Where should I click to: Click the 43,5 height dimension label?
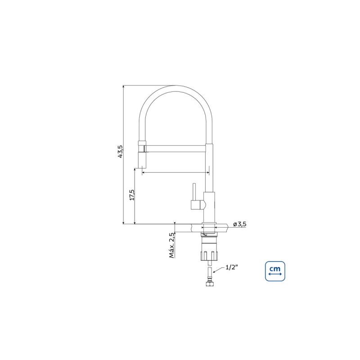(x=121, y=151)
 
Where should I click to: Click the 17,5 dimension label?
(x=132, y=195)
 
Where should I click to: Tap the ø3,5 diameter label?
(x=240, y=224)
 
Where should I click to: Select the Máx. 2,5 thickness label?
(x=172, y=245)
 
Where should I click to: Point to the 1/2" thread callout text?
(x=232, y=267)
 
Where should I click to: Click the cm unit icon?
(x=275, y=271)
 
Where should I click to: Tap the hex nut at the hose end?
(x=209, y=284)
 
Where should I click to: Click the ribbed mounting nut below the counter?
(x=209, y=255)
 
